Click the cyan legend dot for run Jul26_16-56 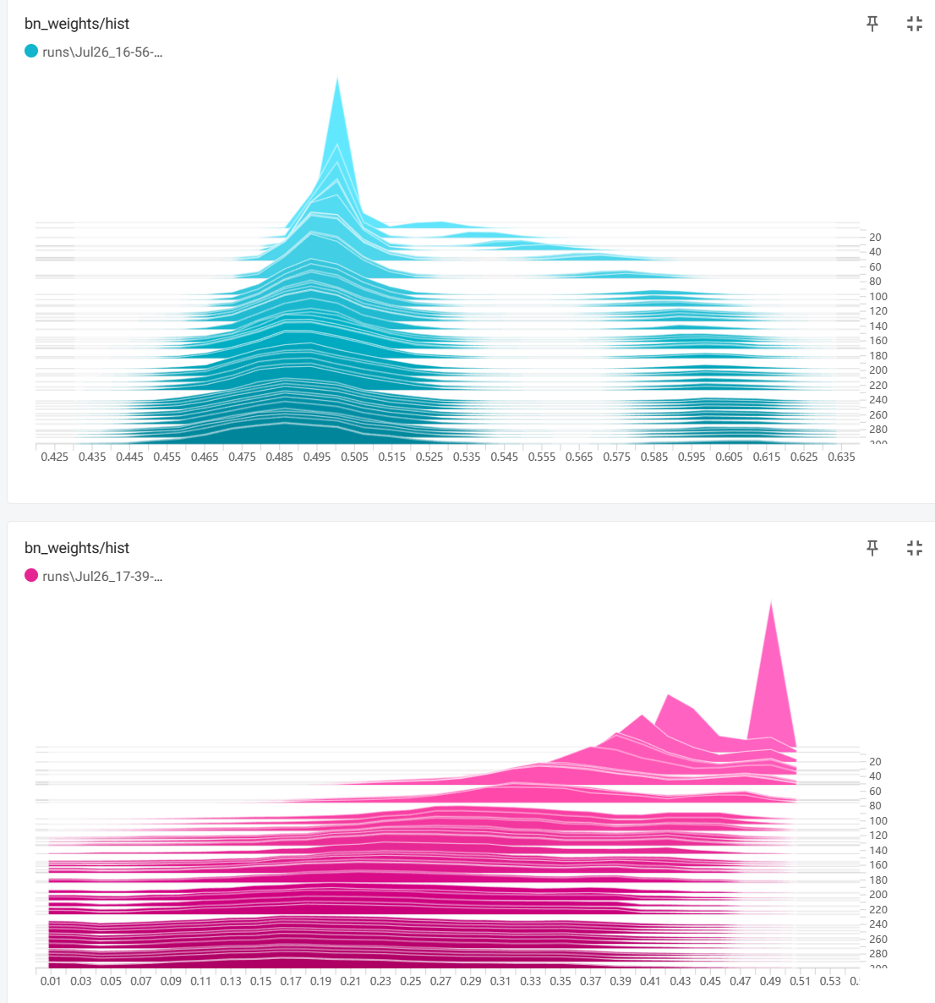tap(31, 52)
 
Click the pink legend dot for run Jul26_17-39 tap(31, 576)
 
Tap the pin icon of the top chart tap(872, 24)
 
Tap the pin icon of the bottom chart tap(872, 548)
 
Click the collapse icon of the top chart tap(914, 24)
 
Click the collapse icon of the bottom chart tap(914, 548)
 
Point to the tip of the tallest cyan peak tap(337, 79)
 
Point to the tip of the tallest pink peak tap(771, 602)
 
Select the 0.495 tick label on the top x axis tap(317, 457)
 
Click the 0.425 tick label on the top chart tap(55, 457)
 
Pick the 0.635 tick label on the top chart tap(841, 457)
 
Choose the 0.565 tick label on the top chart tap(579, 457)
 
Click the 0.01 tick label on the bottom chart tap(51, 981)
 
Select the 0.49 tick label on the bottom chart tap(770, 981)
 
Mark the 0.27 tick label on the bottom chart tap(440, 981)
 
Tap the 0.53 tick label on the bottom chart tap(830, 981)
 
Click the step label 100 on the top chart tap(878, 297)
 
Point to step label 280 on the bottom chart tap(878, 954)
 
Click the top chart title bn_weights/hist tap(77, 24)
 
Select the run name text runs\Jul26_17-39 tap(102, 577)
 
